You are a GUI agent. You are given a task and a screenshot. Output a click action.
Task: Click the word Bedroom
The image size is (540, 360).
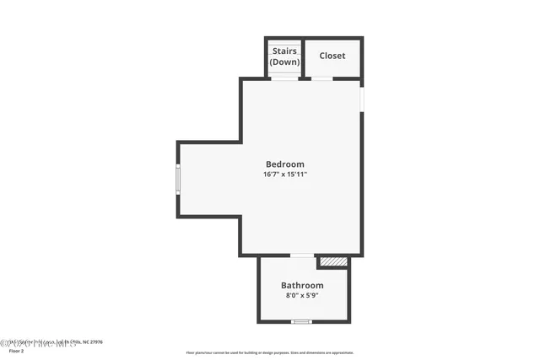[284, 164]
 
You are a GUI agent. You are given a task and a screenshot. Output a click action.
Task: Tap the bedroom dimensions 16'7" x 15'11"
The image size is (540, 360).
[284, 175]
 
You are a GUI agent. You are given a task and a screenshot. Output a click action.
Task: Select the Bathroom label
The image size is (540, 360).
[302, 286]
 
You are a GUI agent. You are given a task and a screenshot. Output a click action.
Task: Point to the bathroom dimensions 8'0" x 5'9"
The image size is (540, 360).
[302, 296]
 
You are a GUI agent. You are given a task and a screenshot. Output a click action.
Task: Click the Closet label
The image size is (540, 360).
[332, 56]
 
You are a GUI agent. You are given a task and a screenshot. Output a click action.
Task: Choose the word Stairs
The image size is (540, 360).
[284, 51]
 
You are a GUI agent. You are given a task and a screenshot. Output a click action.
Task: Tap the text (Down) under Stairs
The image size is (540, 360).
[284, 62]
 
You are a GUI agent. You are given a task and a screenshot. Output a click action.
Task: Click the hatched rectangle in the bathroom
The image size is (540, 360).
[333, 262]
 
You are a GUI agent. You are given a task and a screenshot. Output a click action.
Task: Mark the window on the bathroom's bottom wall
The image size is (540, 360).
[301, 321]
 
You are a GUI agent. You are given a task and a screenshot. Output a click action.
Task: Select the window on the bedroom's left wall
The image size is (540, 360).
[177, 179]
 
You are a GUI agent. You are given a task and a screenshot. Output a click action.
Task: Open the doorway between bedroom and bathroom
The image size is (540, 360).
[301, 255]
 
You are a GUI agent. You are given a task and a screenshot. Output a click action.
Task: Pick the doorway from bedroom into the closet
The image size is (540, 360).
[322, 78]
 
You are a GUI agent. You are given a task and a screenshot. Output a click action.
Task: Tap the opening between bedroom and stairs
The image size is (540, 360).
[284, 78]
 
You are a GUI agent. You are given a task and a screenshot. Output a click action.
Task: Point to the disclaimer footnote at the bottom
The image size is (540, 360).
[269, 352]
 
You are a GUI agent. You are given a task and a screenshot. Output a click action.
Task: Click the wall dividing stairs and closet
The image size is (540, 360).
[302, 57]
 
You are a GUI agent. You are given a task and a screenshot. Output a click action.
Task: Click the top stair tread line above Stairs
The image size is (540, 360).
[284, 42]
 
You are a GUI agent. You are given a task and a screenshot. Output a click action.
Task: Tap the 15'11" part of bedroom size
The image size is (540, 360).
[296, 175]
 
